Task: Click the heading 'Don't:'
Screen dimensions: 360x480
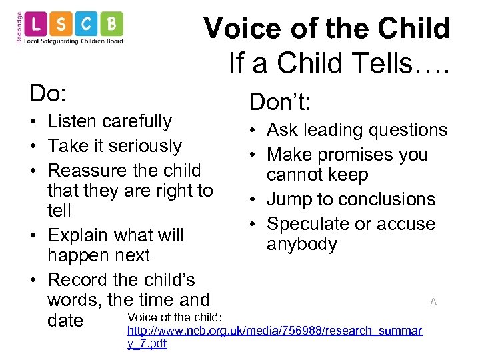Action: click(x=281, y=102)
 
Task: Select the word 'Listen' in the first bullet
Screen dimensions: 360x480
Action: click(x=74, y=121)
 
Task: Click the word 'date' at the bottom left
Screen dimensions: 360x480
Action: click(x=65, y=321)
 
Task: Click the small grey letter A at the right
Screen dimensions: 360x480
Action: click(x=433, y=302)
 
